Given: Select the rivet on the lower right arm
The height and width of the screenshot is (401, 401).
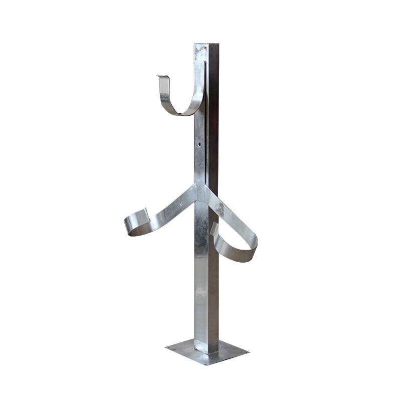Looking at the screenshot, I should coord(221,210).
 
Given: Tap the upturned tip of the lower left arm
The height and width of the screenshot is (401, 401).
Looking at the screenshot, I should coord(145,212).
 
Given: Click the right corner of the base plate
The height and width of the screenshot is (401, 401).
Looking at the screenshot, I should coord(249,349).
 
